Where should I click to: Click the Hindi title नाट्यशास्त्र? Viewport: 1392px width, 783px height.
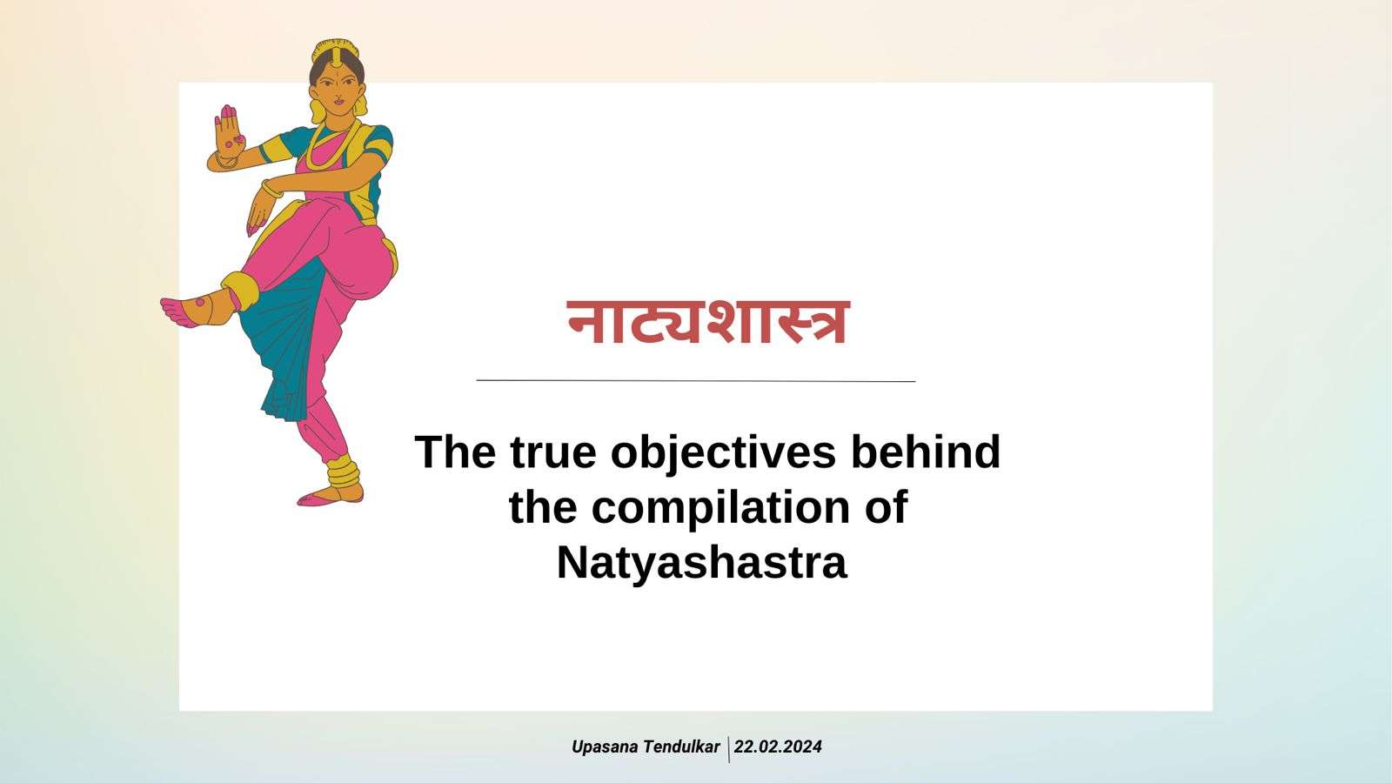tap(707, 322)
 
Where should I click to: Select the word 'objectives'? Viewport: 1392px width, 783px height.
tap(724, 452)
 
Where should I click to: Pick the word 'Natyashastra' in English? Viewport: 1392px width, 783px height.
tap(701, 562)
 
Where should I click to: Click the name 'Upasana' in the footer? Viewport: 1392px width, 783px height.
tap(605, 746)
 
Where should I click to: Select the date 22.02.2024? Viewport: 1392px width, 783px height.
tap(778, 746)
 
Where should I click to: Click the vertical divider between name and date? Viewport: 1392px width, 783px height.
tap(728, 748)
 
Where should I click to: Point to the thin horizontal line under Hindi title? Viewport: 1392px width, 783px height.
tap(696, 380)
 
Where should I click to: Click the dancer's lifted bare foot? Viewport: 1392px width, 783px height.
tap(187, 310)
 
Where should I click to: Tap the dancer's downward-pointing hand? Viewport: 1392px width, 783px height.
tap(258, 213)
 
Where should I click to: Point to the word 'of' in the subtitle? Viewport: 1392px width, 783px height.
tap(886, 508)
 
